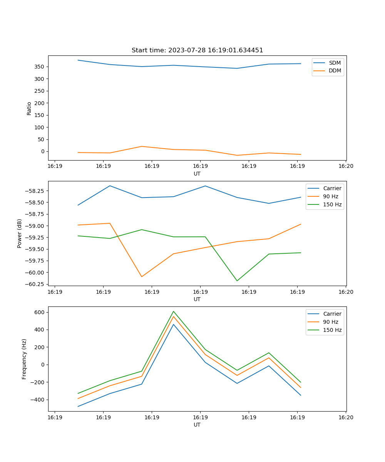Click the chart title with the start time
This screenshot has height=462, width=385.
point(197,50)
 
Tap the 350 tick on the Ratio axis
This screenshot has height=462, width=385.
point(40,67)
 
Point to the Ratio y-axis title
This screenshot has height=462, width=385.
point(29,108)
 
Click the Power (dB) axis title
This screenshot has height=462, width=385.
point(20,233)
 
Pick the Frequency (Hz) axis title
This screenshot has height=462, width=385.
point(24,359)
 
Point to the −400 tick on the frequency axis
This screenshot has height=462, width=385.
point(38,400)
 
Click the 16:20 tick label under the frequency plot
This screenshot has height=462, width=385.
point(345,417)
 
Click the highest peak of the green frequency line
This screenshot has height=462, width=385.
point(174,311)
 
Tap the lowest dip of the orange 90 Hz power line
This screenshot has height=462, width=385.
point(142,277)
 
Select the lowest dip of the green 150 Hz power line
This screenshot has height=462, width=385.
point(237,281)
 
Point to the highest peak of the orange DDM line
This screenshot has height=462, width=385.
point(142,146)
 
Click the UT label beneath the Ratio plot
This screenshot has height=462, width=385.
point(197,174)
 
